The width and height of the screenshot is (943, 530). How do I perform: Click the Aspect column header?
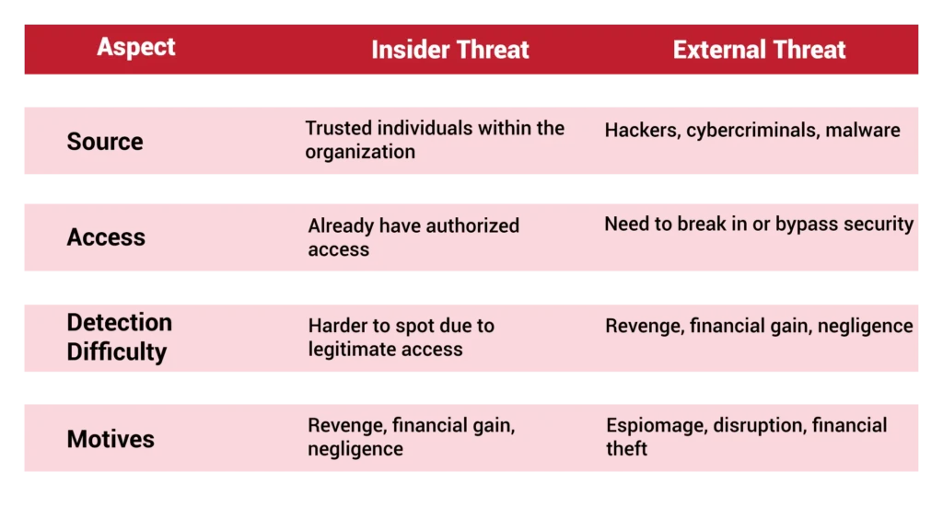pos(136,47)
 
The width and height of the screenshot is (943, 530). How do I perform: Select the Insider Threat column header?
pos(449,50)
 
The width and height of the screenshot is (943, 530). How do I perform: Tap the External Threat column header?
pos(759,50)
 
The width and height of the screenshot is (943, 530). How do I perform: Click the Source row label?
pos(105,142)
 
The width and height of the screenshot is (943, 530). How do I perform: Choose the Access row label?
pos(106,237)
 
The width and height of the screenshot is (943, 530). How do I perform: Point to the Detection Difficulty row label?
pos(119,337)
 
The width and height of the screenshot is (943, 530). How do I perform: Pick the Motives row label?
pos(111,439)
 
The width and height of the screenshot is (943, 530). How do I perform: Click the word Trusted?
pos(338,128)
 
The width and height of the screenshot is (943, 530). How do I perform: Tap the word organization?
pos(360,153)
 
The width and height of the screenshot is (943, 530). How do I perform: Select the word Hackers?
pos(642,131)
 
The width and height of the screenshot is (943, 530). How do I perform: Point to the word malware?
pos(862,130)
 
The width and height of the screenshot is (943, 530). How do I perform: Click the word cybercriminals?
pos(752,131)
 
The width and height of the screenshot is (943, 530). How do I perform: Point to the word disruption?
pos(759,426)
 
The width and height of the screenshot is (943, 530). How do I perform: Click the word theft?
pos(626,449)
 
